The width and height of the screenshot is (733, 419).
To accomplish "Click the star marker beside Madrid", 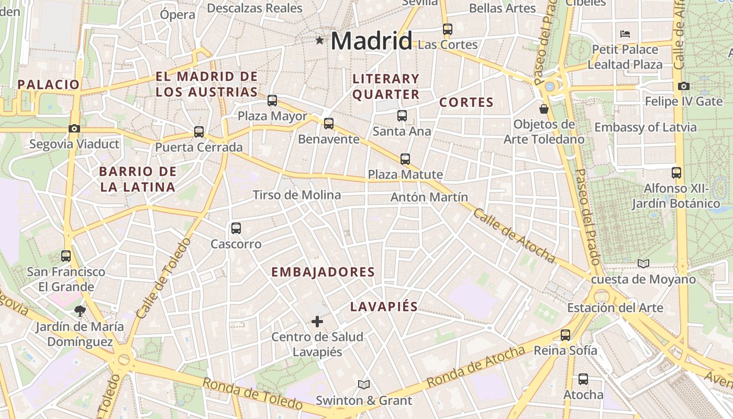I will (319, 40).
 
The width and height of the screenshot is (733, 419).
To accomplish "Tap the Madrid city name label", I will (371, 41).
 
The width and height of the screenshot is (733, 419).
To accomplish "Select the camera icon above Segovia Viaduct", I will (74, 128).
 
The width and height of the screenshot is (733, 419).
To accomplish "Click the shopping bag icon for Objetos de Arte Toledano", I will (544, 109).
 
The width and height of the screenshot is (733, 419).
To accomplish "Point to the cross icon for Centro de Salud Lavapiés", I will (317, 321).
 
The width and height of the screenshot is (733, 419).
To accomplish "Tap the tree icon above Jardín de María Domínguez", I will (80, 311).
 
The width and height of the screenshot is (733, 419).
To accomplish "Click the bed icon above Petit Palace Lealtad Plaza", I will (625, 34).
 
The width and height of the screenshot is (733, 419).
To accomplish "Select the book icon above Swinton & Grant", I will (364, 385).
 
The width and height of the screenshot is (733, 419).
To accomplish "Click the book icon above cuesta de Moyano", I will (643, 263).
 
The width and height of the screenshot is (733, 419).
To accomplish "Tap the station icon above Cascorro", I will (236, 228).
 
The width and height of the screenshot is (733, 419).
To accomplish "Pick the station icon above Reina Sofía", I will (565, 335).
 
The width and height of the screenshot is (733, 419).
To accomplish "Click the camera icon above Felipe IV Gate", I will (683, 86).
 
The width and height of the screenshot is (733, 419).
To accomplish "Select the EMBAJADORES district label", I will (323, 272).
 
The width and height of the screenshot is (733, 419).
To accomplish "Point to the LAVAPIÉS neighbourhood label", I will (384, 307).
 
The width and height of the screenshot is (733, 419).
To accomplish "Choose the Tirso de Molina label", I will (296, 195).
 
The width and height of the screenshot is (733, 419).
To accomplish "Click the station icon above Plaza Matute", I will (405, 159).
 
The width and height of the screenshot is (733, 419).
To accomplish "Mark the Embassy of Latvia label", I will (645, 127).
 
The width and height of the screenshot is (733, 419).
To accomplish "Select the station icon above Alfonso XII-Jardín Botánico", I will (676, 173).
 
